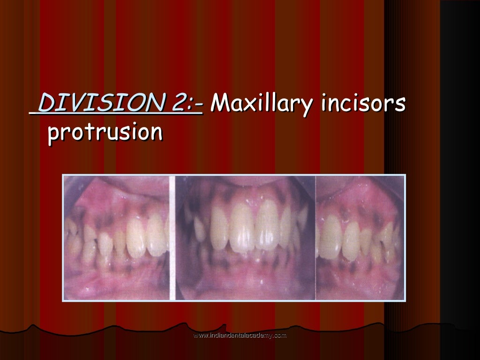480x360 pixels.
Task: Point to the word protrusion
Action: pyautogui.click(x=105, y=133)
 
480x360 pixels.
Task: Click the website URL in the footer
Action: pyautogui.click(x=240, y=335)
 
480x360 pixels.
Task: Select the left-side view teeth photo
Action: pyautogui.click(x=118, y=238)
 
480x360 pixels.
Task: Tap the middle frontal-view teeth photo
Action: pyautogui.click(x=245, y=238)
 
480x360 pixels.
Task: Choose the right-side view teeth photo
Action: pyautogui.click(x=360, y=238)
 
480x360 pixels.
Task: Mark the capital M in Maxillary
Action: pyautogui.click(x=220, y=103)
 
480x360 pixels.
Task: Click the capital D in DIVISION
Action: pyautogui.click(x=45, y=103)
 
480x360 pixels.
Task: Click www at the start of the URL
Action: pyautogui.click(x=200, y=335)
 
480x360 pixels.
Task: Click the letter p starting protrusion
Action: pyautogui.click(x=53, y=134)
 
